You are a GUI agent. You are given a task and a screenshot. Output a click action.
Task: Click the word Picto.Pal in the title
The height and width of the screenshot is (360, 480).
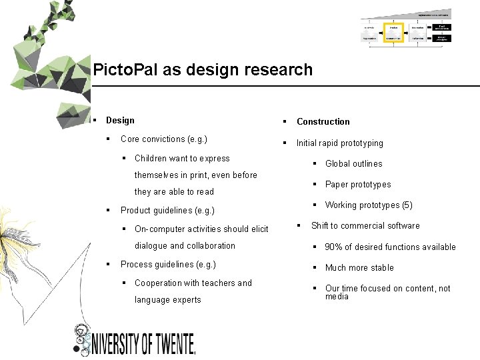click(117, 70)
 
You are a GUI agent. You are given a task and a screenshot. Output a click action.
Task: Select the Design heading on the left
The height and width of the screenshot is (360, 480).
click(120, 121)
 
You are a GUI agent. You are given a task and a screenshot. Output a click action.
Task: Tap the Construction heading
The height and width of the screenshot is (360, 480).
click(323, 122)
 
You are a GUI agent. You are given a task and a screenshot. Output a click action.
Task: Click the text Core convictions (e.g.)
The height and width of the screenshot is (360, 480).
click(163, 139)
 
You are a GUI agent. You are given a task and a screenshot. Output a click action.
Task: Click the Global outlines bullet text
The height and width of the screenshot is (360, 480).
click(353, 164)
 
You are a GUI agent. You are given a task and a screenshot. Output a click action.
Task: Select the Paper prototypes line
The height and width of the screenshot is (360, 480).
click(358, 185)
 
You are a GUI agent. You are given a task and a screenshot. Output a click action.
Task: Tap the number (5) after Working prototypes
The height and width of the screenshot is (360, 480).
click(407, 205)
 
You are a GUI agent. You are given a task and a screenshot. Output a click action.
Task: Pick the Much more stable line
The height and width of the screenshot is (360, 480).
click(359, 268)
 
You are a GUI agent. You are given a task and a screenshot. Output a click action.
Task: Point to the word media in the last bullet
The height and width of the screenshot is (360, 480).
click(337, 297)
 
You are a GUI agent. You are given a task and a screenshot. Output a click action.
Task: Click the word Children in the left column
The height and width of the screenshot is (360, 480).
click(151, 159)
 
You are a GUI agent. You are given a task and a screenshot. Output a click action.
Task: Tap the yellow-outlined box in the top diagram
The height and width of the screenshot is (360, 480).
click(393, 32)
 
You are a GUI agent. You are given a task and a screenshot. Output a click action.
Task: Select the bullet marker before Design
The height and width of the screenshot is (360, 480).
click(97, 121)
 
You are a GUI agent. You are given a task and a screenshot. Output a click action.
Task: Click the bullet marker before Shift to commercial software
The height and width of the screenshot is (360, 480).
click(299, 225)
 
